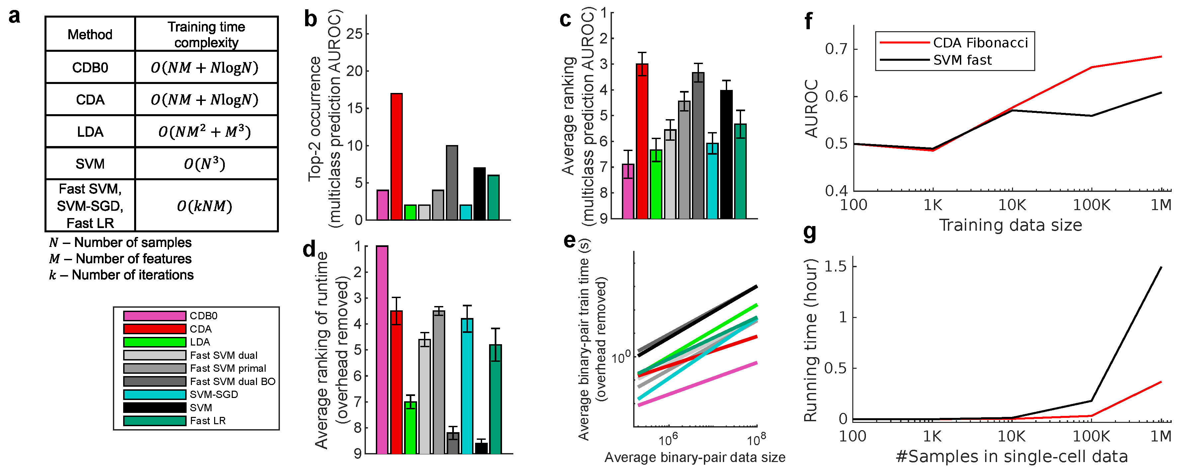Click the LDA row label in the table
pos(90,132)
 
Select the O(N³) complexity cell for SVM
pos(205,164)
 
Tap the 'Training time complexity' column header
pos(206,35)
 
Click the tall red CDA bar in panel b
pos(396,157)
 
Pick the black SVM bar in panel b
pos(479,194)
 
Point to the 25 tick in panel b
pos(354,34)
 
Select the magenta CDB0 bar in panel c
pos(628,191)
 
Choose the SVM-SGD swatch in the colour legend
pos(154,394)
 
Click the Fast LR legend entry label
pos(208,421)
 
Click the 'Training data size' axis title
pos(1010,225)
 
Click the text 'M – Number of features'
pos(121,259)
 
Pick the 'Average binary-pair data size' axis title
pos(695,457)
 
